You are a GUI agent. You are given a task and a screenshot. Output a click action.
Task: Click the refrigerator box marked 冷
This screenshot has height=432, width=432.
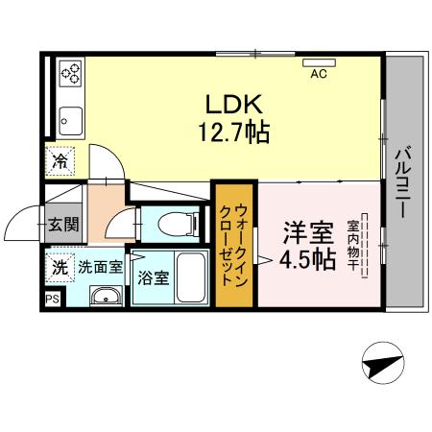click(x=60, y=161)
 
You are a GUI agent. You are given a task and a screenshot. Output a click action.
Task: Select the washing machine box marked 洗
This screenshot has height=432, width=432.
click(x=60, y=268)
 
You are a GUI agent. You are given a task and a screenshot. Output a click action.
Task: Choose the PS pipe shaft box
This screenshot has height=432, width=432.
click(x=51, y=300)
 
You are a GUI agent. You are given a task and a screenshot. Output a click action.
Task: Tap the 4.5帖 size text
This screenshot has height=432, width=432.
click(x=307, y=259)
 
